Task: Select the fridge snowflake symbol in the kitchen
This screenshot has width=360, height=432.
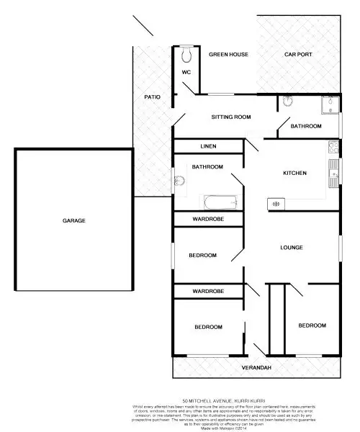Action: click(275, 204)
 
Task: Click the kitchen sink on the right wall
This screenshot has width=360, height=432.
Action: click(333, 170)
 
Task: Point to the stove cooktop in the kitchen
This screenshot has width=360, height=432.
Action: click(333, 148)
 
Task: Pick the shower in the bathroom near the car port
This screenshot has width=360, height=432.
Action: click(330, 107)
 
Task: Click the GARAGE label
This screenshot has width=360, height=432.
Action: click(73, 220)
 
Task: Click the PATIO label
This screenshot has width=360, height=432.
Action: click(152, 96)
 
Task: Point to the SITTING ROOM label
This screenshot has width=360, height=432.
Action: click(230, 117)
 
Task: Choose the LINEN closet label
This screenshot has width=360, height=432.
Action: click(208, 146)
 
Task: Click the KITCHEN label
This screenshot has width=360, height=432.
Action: click(294, 173)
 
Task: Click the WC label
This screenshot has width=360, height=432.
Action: click(186, 73)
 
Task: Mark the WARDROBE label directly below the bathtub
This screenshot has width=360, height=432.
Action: click(207, 219)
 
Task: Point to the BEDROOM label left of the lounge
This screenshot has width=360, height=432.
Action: click(203, 255)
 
